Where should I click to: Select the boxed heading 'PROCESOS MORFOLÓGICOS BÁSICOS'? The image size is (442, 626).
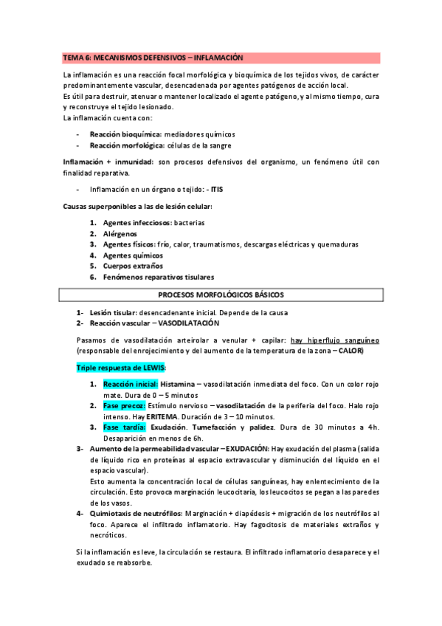click(221, 295)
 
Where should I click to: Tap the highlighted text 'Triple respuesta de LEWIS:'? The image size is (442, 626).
click(121, 367)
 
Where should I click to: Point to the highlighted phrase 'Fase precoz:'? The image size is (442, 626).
click(123, 406)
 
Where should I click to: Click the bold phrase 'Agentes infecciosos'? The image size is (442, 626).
click(137, 223)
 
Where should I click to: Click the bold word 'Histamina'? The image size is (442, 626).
click(179, 385)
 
